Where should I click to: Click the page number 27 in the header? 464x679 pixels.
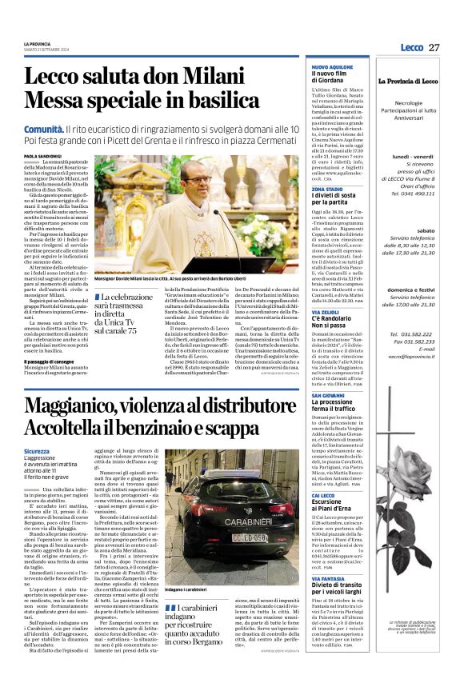coord(434,48)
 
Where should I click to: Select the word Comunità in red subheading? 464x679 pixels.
coord(44,129)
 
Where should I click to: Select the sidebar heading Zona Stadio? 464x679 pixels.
coord(327,189)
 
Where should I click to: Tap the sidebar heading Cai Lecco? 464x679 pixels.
coord(325,496)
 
